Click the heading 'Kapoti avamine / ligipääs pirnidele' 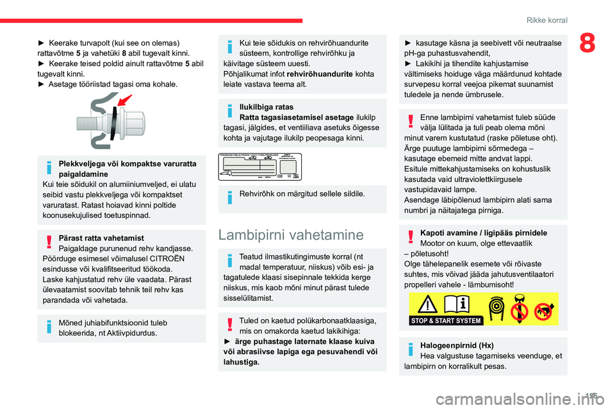pyautogui.click(x=483, y=233)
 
